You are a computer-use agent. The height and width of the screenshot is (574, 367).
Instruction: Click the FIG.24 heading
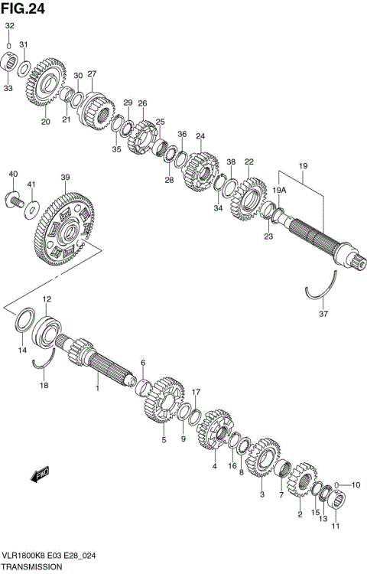23,8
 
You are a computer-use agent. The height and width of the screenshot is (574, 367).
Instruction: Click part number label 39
65,178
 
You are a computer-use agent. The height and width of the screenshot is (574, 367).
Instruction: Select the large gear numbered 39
65,229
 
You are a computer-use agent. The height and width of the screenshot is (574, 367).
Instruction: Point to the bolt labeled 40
15,199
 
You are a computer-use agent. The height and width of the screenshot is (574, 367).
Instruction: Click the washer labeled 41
32,210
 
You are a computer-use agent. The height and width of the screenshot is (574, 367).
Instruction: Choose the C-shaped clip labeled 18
44,360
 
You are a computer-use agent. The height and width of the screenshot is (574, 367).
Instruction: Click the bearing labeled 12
47,332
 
